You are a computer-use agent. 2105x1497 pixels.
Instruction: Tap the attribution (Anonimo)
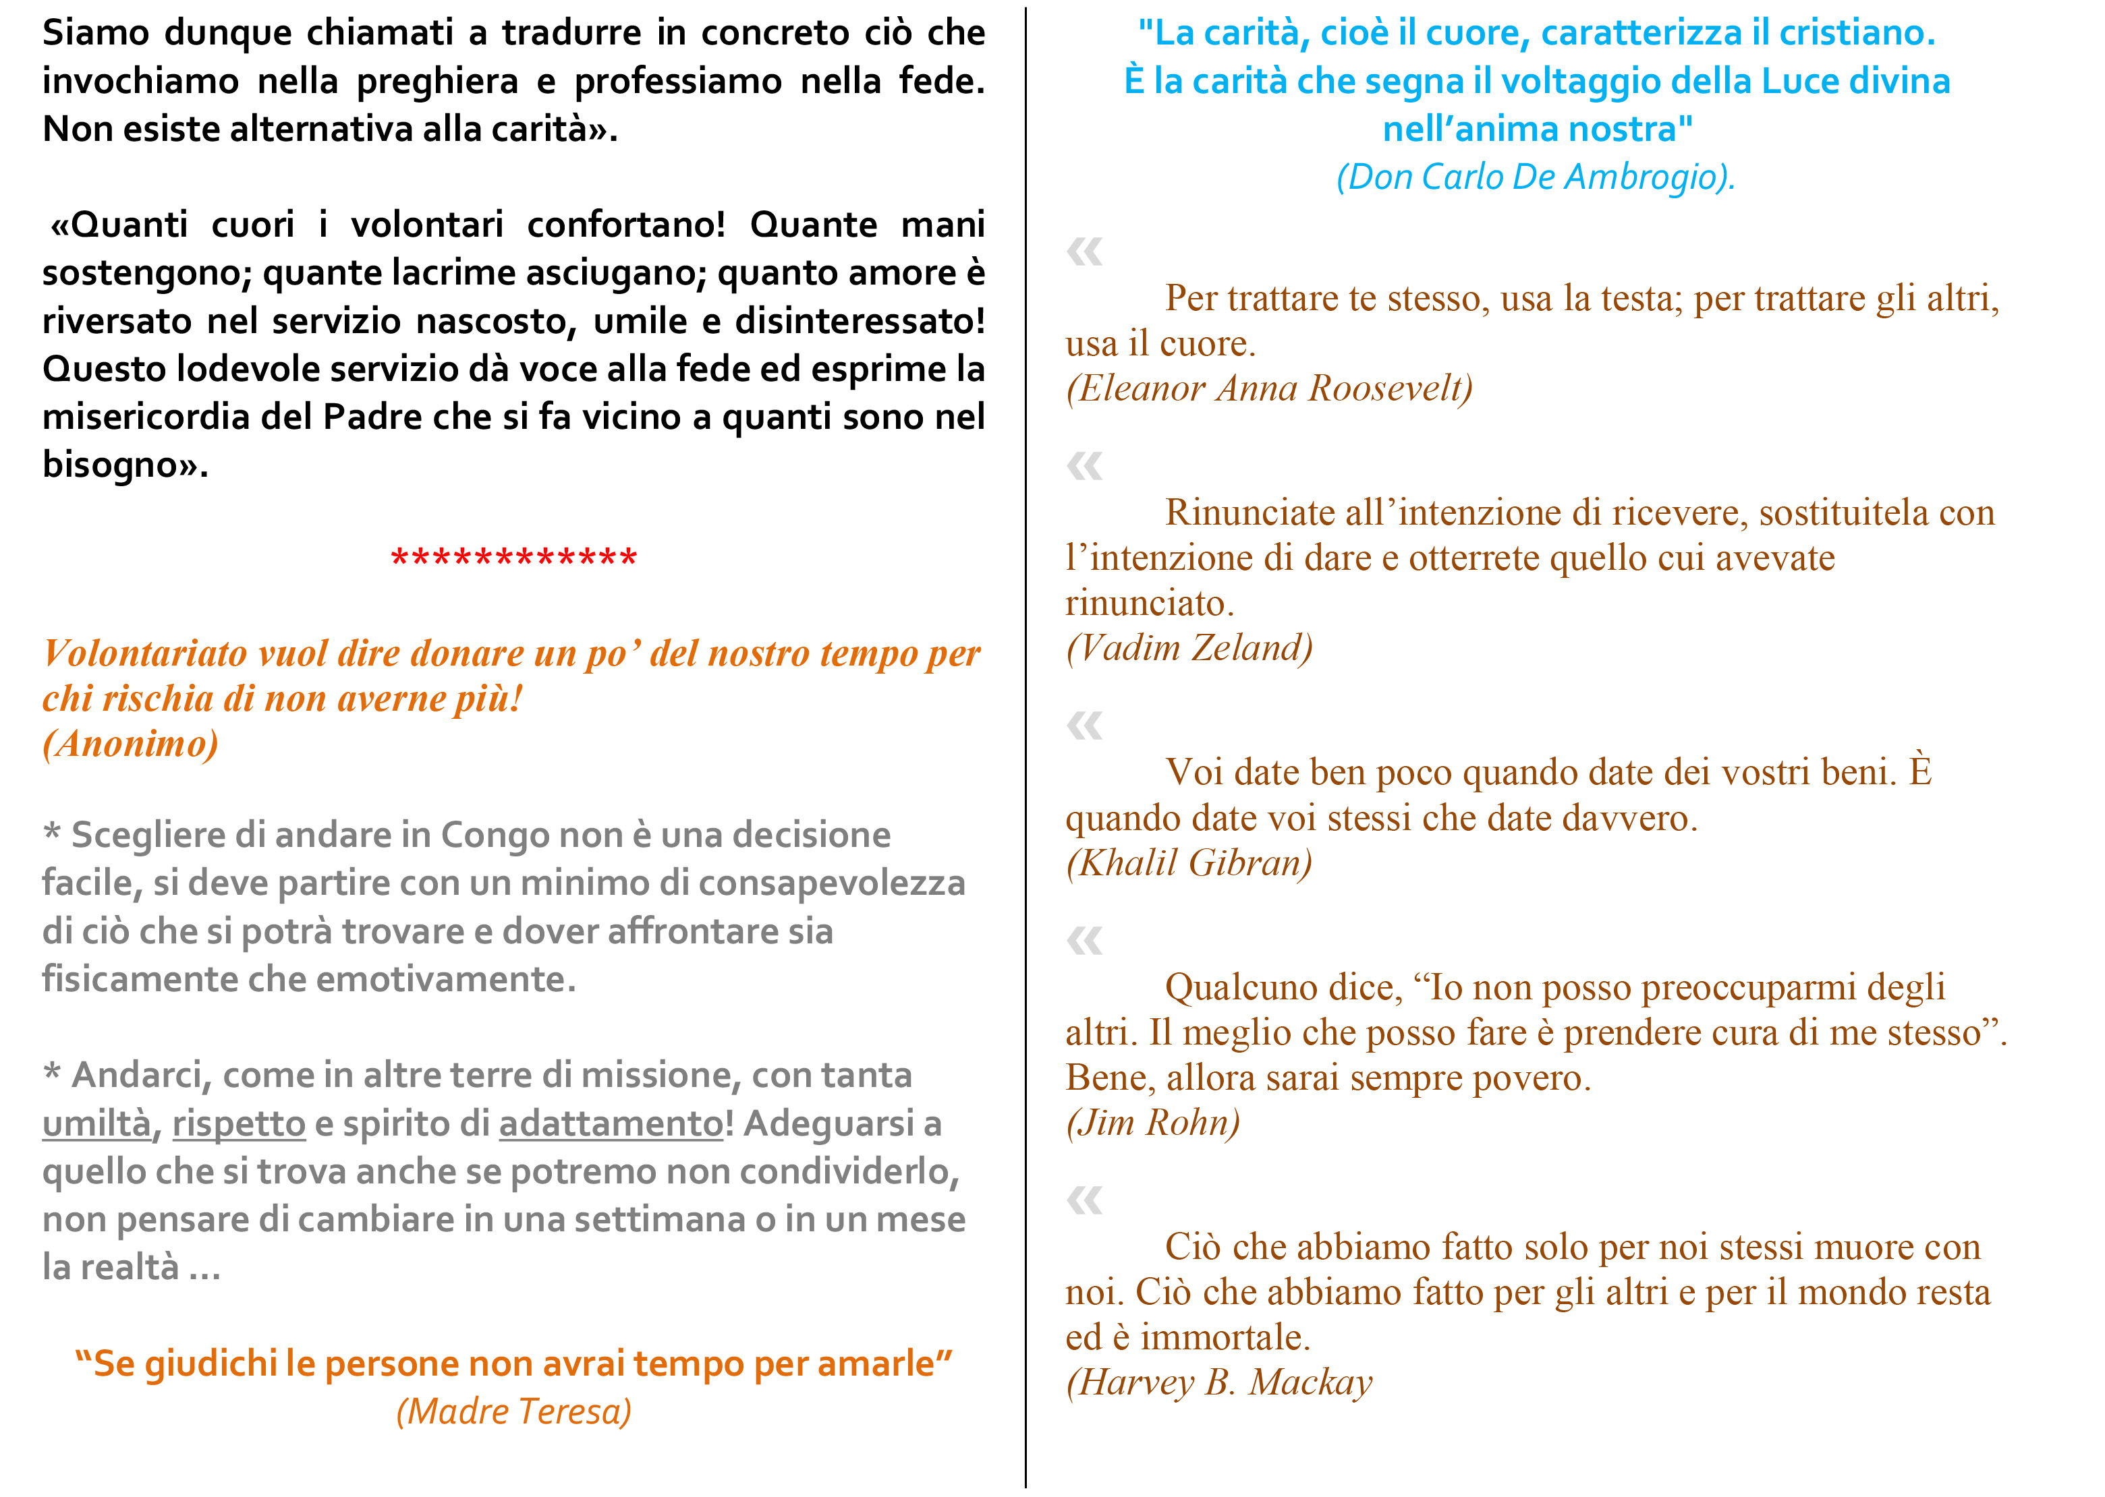point(130,744)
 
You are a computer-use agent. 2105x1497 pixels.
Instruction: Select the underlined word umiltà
point(96,1123)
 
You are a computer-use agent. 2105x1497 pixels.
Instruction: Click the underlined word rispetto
point(238,1123)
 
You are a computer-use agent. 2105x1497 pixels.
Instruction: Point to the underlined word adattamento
point(611,1123)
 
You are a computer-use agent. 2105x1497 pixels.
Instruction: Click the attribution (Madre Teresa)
point(513,1411)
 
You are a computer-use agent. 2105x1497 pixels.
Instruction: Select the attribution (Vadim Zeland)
point(1189,648)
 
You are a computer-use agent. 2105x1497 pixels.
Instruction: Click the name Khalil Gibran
point(1189,863)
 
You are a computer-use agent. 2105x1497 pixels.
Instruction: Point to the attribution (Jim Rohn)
point(1152,1123)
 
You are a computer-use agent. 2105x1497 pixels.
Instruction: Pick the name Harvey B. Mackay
point(1219,1382)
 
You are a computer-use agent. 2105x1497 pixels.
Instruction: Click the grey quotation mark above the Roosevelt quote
point(1084,251)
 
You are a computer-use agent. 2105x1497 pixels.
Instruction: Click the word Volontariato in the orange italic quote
point(145,653)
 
